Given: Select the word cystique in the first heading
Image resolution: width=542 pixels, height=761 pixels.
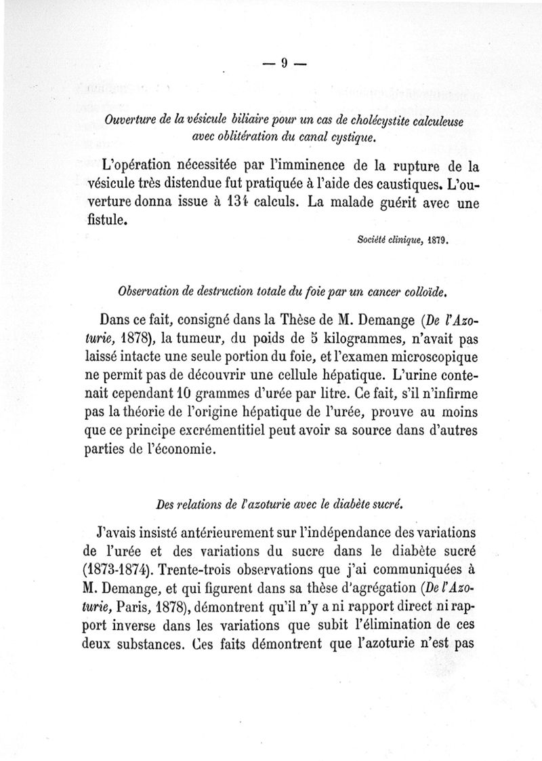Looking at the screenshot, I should pos(351,138).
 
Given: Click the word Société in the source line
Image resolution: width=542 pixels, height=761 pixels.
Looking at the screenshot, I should pos(371,239).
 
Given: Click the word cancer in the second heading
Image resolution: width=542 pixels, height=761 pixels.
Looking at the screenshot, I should pos(380,291).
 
